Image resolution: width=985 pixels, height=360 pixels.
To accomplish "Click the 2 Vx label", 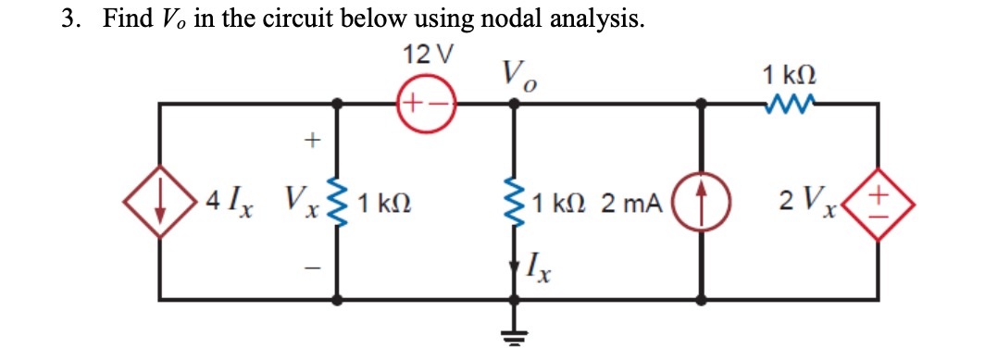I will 804,201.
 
